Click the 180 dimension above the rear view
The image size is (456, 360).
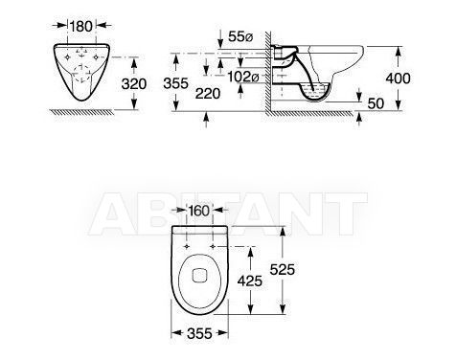(81, 26)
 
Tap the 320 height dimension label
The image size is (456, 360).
(134, 84)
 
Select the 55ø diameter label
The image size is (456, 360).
(240, 37)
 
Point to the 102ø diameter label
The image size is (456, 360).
(242, 77)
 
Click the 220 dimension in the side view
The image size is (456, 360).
(208, 94)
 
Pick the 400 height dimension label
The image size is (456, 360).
(398, 79)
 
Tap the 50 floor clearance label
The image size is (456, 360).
(376, 103)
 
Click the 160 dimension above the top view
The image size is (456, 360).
(199, 211)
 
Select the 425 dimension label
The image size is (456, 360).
(250, 281)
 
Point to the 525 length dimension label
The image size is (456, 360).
(283, 270)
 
